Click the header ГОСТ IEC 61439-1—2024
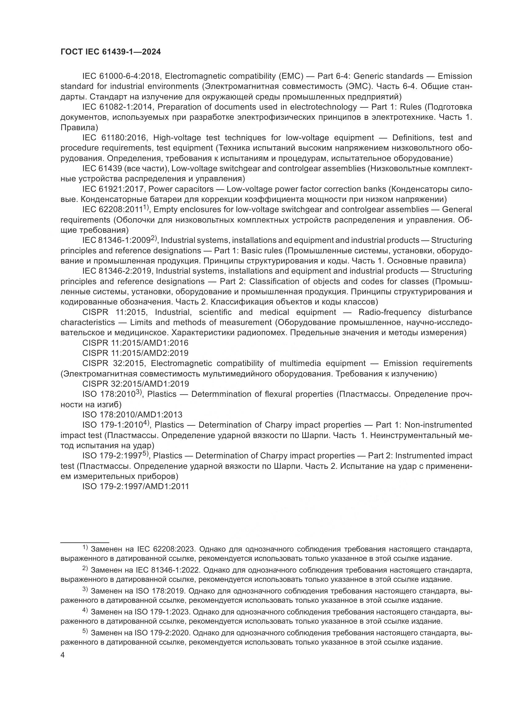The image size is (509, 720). tap(111, 52)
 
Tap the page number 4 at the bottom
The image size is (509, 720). tap(62, 655)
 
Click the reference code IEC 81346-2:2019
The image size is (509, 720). tap(117, 271)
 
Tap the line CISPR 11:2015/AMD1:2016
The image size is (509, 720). tap(135, 343)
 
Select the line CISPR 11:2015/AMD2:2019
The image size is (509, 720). tap(135, 353)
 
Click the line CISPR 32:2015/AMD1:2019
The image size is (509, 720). tap(135, 384)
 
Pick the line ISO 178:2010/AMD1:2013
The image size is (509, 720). tap(132, 415)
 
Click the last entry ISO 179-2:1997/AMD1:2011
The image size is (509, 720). tap(135, 486)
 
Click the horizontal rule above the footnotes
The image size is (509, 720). tap(85, 542)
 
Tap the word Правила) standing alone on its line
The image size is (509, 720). tap(79, 128)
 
